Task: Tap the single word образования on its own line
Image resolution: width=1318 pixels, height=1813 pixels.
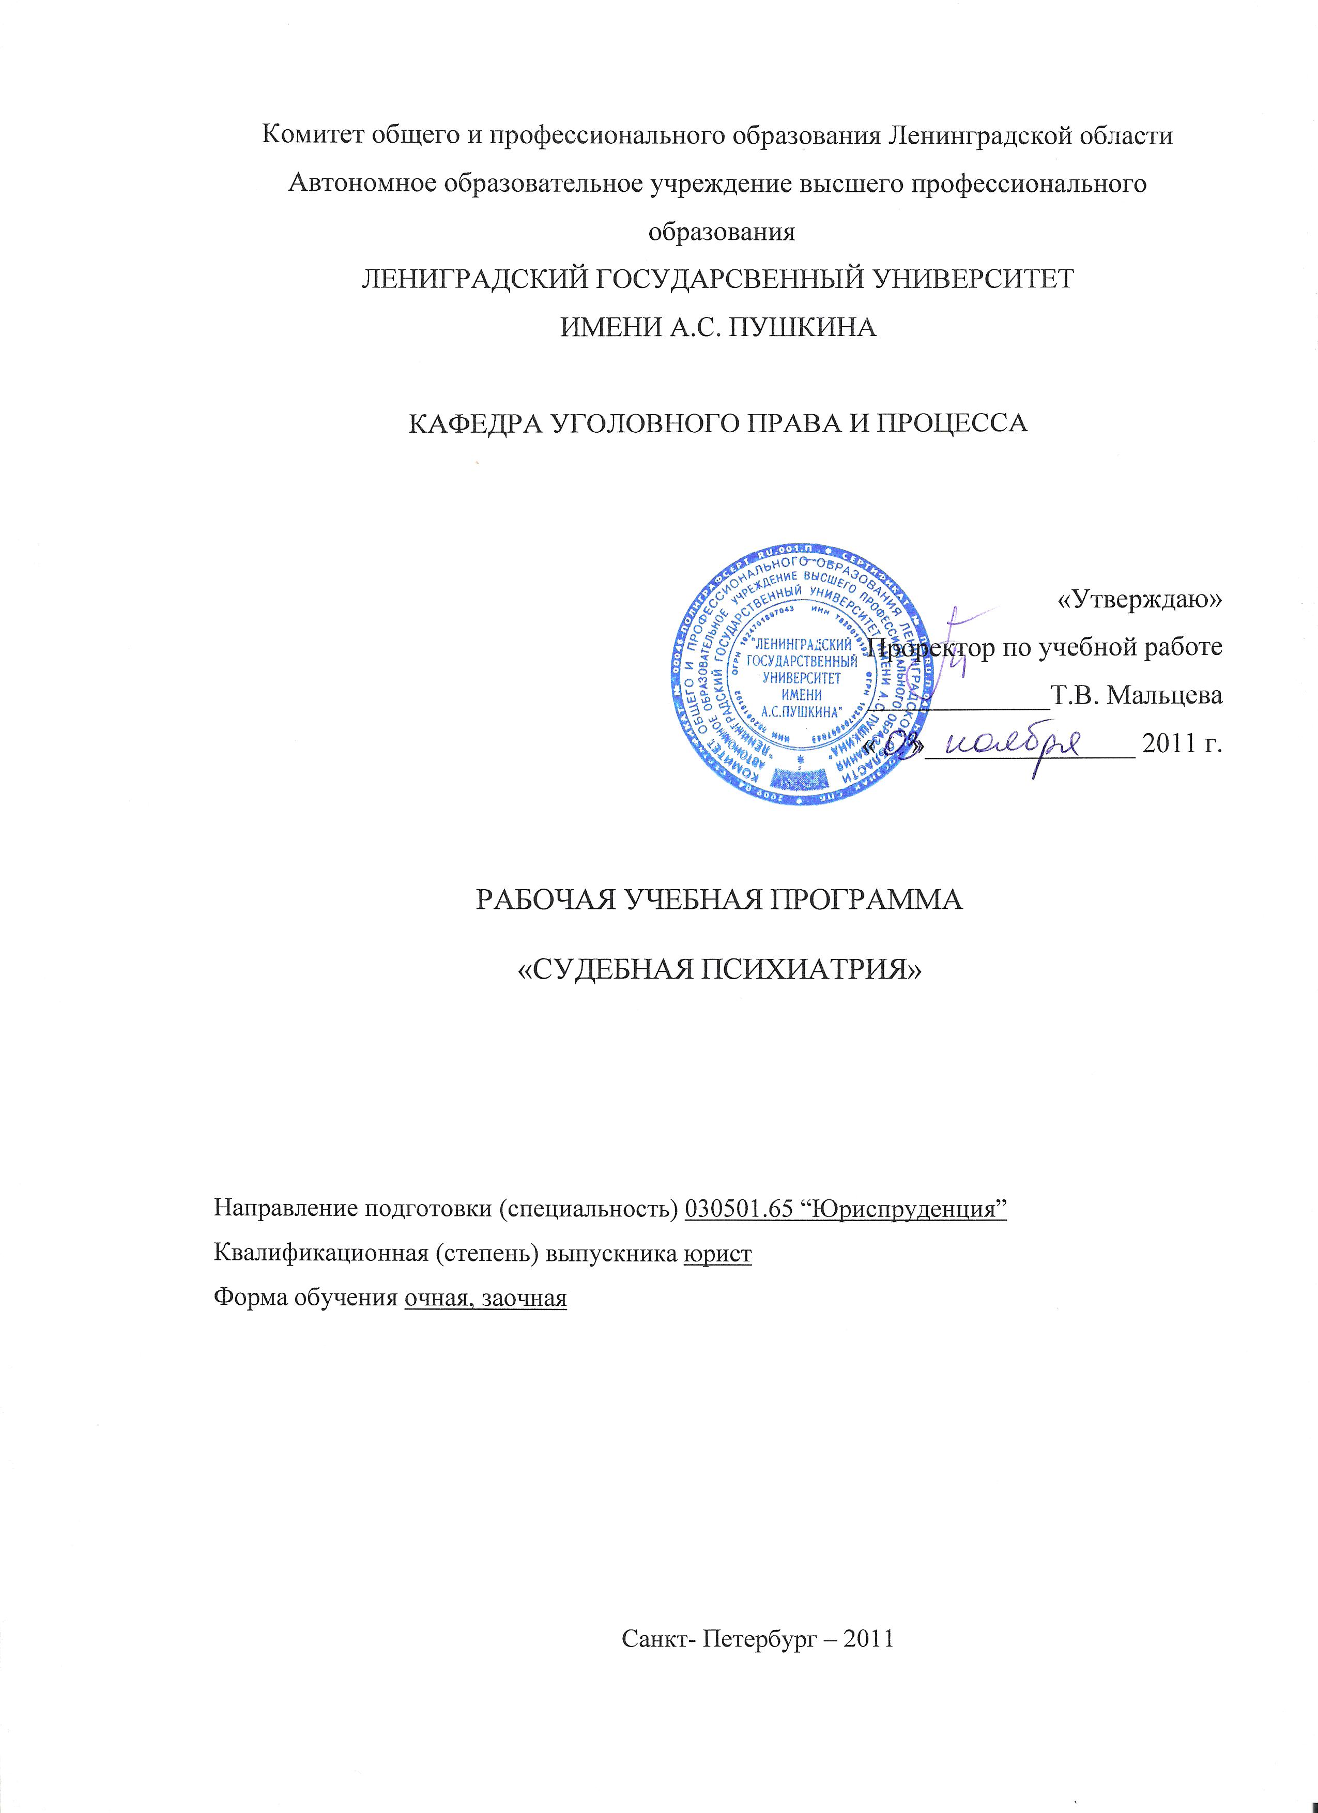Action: point(722,232)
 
